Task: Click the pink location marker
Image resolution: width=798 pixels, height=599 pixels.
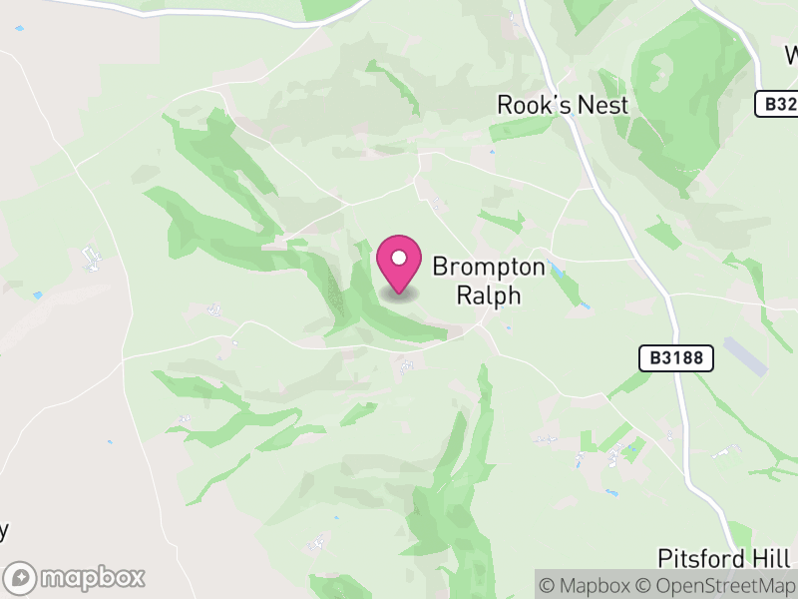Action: coord(399,265)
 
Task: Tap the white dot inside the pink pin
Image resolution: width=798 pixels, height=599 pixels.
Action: coord(399,259)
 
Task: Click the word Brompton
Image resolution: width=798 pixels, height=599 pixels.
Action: coord(489,268)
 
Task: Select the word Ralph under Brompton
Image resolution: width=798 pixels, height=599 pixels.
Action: coord(489,296)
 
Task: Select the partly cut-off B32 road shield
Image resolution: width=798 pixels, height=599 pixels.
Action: coord(776,103)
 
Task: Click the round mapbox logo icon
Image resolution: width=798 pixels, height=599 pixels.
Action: coord(21,577)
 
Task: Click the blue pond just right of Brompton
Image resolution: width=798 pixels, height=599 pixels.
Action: coord(555,269)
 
